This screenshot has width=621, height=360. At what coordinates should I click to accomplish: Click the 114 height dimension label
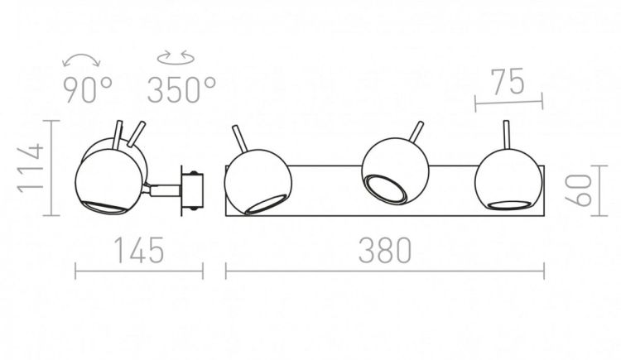31,168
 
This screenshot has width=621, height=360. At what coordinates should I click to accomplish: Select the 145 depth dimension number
139,250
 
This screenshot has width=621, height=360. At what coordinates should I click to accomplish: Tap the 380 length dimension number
385,251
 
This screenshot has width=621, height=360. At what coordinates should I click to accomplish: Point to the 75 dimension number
508,82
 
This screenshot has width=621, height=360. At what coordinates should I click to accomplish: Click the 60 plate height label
578,190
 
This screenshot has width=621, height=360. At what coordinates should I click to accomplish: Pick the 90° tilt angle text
88,91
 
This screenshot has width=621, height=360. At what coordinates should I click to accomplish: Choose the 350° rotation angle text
182,90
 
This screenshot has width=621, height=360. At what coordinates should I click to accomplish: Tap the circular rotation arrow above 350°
176,58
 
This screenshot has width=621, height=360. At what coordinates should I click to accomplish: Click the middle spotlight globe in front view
395,171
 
